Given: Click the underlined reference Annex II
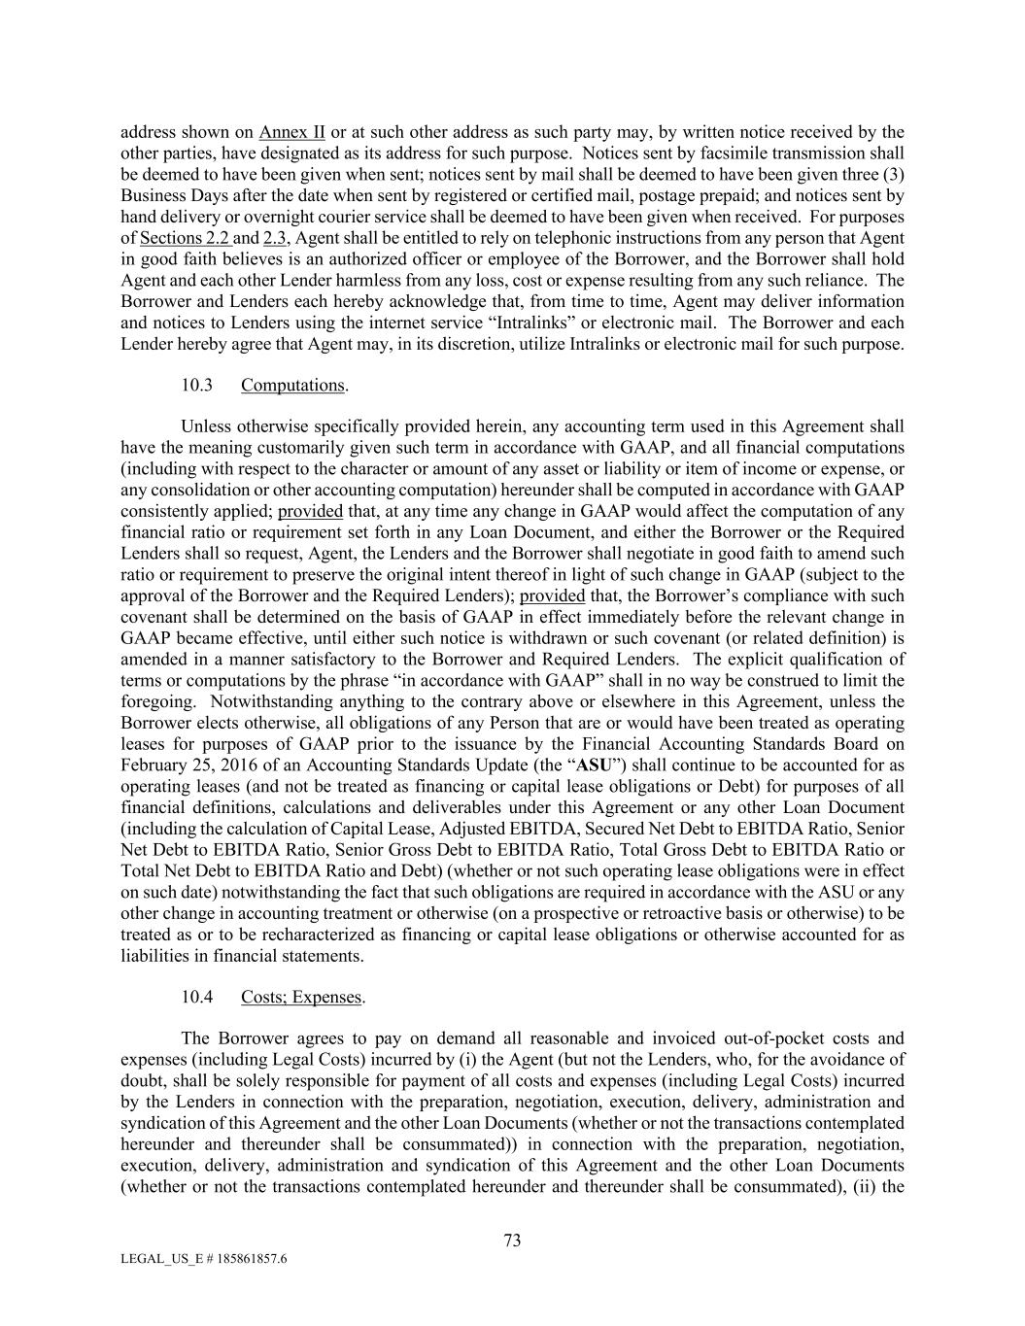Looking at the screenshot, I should click(291, 132).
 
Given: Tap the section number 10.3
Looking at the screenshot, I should click(196, 386).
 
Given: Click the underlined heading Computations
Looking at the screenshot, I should click(292, 386).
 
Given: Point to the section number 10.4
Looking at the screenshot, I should click(196, 997).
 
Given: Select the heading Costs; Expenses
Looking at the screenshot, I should click(301, 997).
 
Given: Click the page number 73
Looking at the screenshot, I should click(513, 1241).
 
